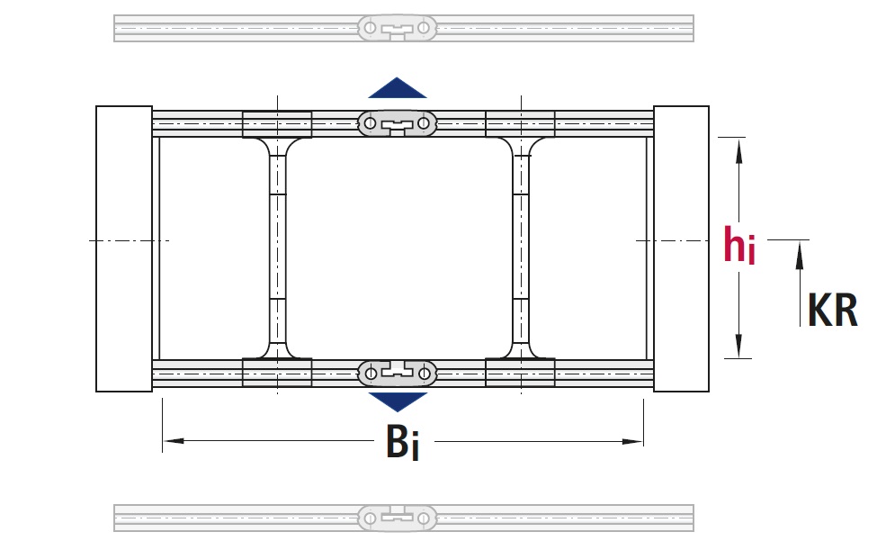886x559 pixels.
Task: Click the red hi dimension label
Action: click(x=739, y=245)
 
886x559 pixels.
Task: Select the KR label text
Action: click(x=832, y=311)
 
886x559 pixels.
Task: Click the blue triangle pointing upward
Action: click(x=397, y=88)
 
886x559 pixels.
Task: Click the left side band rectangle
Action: click(x=124, y=248)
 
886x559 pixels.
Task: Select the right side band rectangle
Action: click(x=681, y=248)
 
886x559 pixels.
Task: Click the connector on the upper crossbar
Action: click(x=397, y=123)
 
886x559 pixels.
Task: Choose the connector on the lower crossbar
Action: click(x=397, y=372)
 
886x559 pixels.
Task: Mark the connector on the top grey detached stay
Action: click(x=397, y=29)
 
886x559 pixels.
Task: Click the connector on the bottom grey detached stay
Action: click(x=397, y=518)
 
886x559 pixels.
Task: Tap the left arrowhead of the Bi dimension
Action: click(x=171, y=441)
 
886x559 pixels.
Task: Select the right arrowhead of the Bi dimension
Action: click(x=635, y=441)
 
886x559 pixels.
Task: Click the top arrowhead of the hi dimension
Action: click(x=739, y=149)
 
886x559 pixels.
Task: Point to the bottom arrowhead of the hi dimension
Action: click(x=739, y=347)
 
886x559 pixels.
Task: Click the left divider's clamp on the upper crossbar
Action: click(x=278, y=124)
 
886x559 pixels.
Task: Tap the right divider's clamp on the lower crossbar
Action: click(x=520, y=372)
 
